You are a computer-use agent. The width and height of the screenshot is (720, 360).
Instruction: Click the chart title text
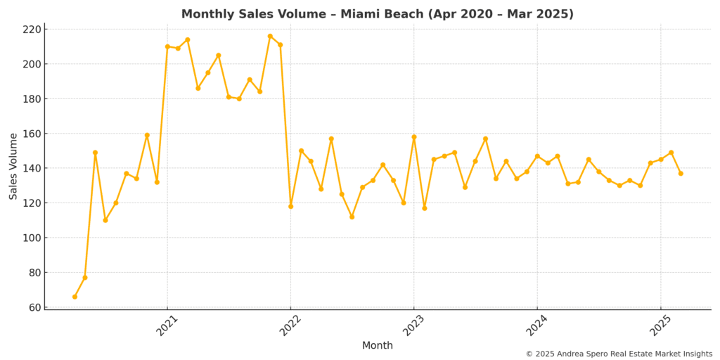click(378, 14)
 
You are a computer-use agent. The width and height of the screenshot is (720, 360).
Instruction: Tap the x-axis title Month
click(378, 345)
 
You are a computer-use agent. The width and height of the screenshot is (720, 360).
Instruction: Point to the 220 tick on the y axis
click(32, 30)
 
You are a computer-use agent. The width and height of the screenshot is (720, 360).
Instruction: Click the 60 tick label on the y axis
click(34, 307)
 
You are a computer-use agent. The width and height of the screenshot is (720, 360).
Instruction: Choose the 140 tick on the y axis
click(32, 168)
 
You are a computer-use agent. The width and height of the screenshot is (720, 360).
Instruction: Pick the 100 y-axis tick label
click(32, 238)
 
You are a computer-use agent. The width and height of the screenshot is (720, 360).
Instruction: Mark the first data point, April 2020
click(75, 297)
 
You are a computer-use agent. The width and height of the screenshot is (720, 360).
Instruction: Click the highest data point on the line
click(270, 36)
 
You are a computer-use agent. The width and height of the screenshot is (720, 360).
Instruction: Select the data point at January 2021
click(167, 46)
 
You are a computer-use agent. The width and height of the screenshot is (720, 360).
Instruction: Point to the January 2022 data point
click(290, 206)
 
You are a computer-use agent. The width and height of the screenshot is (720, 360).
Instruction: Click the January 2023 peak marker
click(413, 137)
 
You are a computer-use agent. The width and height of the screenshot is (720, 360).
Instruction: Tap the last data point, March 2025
click(681, 173)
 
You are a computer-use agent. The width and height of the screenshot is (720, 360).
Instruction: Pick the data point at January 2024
click(537, 156)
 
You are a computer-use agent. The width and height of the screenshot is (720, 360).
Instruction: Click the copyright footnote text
click(619, 354)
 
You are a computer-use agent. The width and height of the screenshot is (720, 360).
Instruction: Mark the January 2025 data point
click(660, 159)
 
